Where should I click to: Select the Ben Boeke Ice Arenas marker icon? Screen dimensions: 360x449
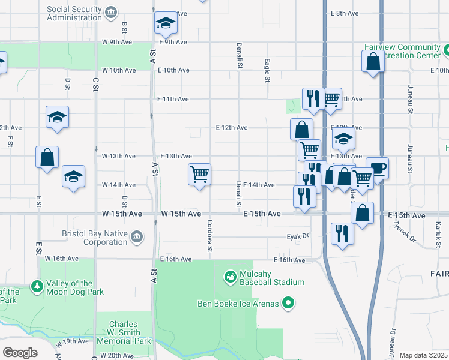[288, 304]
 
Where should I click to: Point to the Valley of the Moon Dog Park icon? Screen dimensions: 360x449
[37, 286]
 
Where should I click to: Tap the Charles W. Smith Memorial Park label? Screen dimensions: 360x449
[125, 332]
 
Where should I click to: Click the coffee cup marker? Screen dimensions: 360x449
[377, 167]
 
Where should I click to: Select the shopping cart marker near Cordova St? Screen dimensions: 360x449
[199, 175]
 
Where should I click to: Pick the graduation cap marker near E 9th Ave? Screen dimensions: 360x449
[166, 23]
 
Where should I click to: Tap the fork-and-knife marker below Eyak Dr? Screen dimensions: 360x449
[342, 233]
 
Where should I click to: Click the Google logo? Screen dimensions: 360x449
[20, 353]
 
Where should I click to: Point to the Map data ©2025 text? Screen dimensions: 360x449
[423, 355]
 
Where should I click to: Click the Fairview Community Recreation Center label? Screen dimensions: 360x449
[402, 51]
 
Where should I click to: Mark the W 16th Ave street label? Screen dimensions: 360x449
[62, 259]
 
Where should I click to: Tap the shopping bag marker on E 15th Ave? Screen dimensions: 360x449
[363, 213]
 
